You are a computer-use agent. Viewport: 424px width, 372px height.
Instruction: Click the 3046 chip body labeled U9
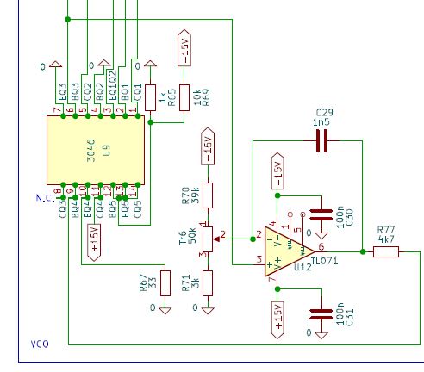(x=96, y=149)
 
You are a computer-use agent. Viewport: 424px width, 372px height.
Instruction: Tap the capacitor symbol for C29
(x=322, y=142)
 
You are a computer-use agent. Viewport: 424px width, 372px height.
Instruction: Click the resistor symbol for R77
(x=385, y=251)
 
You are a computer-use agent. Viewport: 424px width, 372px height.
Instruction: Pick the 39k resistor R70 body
(x=207, y=195)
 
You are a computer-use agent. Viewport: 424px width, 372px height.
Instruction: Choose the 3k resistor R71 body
(x=207, y=282)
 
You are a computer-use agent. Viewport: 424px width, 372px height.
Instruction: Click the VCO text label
(x=40, y=344)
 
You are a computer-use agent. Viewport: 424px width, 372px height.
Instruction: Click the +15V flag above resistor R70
(x=207, y=147)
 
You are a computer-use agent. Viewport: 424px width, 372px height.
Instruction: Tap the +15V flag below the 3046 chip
(x=93, y=241)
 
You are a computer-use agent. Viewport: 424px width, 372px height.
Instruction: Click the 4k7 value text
(x=385, y=239)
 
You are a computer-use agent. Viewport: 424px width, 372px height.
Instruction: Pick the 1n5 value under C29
(x=323, y=123)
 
